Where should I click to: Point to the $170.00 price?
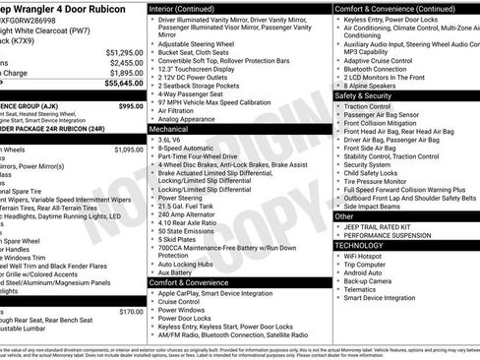pos(131,312)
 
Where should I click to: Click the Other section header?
pos(345,215)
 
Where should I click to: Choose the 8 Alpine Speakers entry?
pos(372,86)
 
